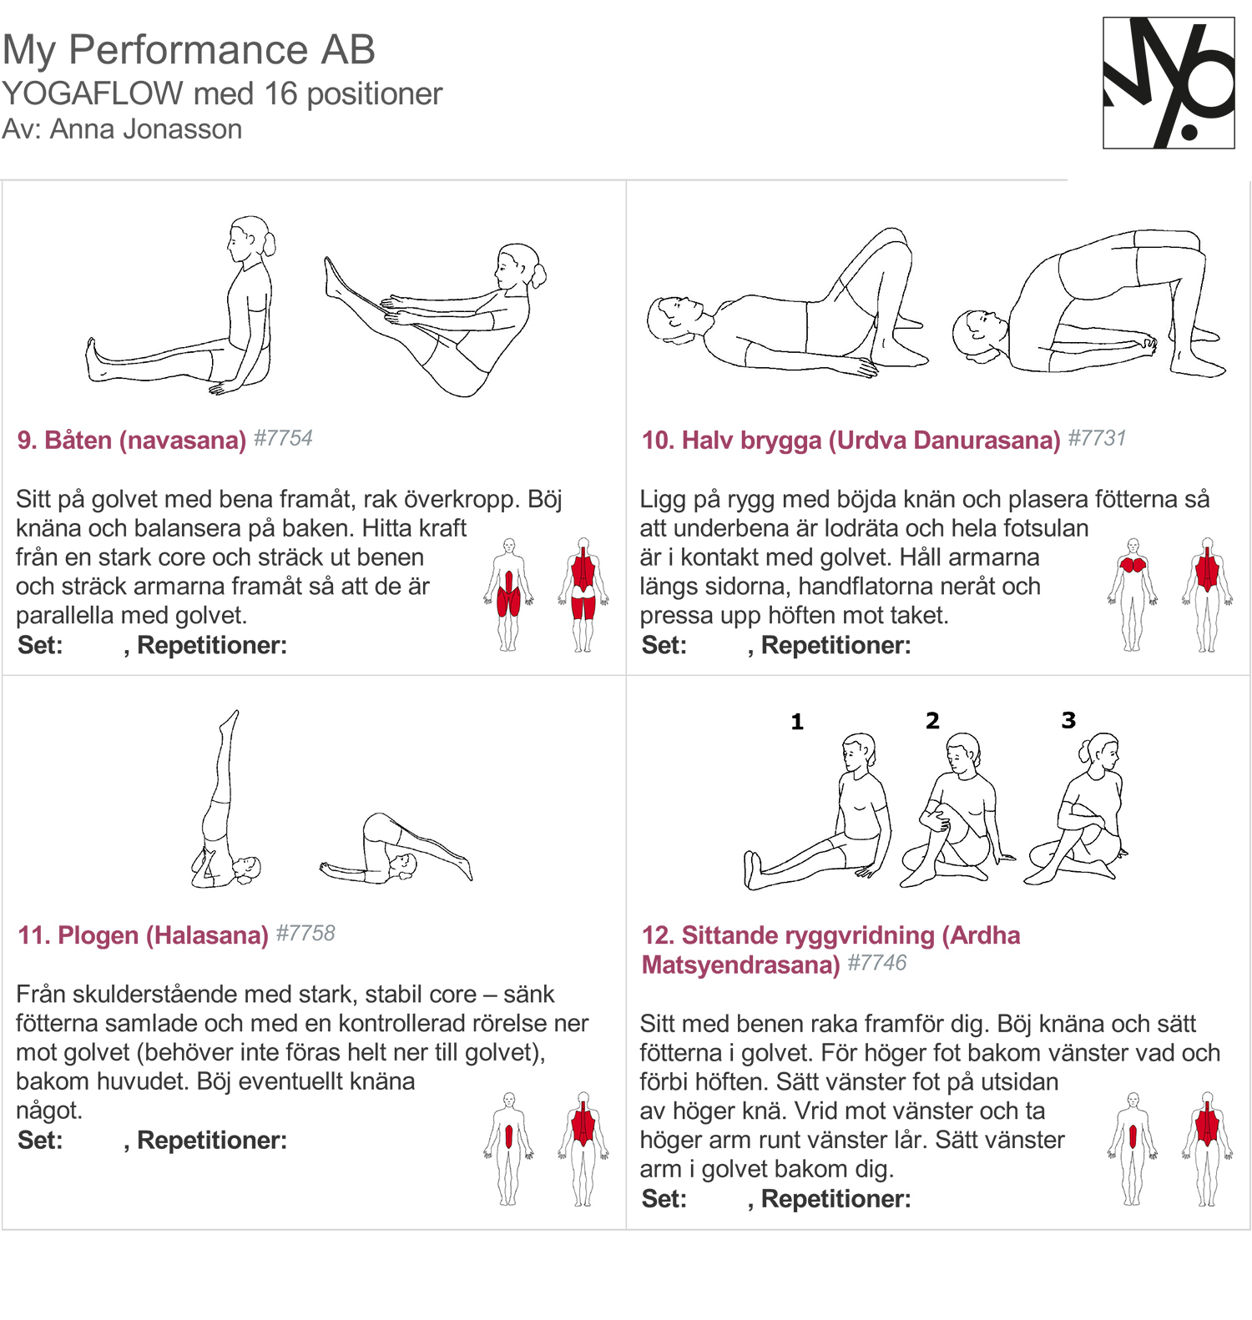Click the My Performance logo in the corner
(1168, 83)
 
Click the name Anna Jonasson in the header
(146, 129)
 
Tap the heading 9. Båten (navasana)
(132, 440)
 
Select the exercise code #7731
(1097, 438)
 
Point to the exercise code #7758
(305, 933)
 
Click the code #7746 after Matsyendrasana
(876, 963)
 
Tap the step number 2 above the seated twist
(932, 721)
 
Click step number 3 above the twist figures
(1068, 720)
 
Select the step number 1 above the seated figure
(797, 722)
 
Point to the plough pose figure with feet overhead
(396, 851)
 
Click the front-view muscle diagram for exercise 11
(508, 1148)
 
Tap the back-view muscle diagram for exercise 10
(1207, 594)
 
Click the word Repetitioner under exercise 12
(836, 1199)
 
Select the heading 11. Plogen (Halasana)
(143, 935)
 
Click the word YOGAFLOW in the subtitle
(92, 93)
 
